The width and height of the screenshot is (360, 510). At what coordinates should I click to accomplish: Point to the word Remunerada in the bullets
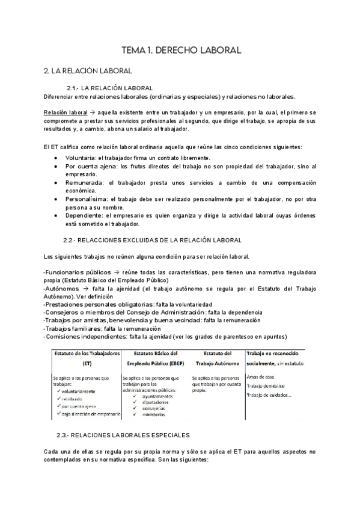click(85, 182)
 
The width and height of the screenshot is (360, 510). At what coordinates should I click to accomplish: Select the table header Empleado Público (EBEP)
click(156, 364)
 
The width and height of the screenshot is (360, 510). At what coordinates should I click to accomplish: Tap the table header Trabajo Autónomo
click(219, 364)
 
